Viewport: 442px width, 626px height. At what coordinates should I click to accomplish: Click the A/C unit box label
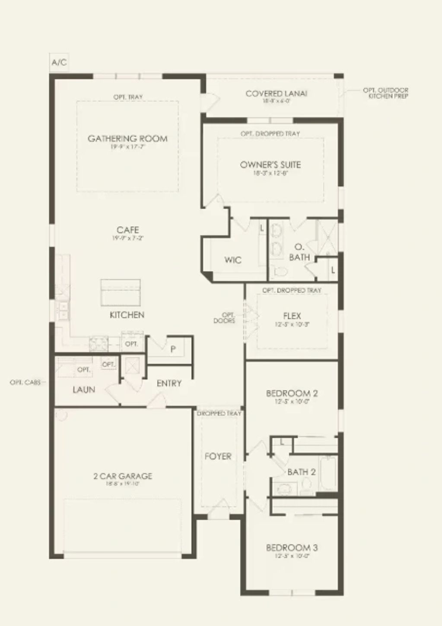(59, 63)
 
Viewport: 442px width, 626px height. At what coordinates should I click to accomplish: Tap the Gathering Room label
(127, 139)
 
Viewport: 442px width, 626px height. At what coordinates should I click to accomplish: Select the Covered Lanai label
(276, 94)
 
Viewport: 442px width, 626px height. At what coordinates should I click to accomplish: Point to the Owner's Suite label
(270, 164)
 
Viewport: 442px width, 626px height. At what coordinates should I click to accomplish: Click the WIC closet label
(233, 260)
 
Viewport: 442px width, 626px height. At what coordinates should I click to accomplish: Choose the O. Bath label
(299, 252)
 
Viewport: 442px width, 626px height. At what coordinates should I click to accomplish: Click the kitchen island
(121, 292)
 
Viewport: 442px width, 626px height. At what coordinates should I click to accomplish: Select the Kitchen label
(127, 315)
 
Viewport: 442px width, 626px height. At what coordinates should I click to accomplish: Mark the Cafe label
(127, 230)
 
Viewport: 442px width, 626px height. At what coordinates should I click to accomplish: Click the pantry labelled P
(173, 349)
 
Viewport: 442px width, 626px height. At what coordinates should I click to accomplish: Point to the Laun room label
(84, 390)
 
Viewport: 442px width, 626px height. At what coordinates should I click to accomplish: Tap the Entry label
(169, 383)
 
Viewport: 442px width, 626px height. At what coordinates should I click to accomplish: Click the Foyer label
(218, 456)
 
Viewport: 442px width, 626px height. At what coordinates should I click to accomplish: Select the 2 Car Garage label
(123, 476)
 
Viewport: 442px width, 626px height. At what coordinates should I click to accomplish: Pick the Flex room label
(292, 316)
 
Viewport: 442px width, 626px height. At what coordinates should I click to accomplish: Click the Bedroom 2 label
(292, 393)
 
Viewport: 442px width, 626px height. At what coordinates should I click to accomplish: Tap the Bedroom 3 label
(292, 548)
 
